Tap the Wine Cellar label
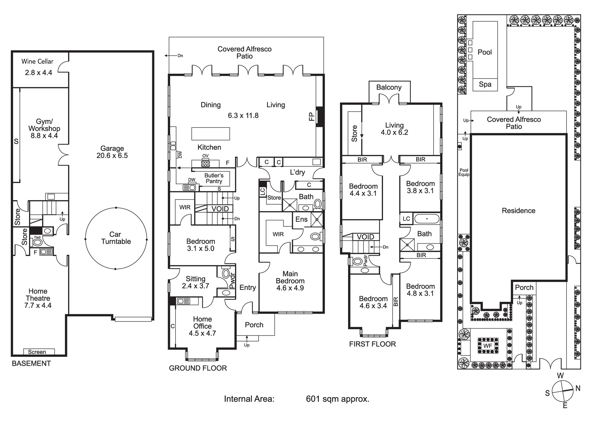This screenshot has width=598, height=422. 37,62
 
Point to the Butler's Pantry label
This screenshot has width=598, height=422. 214,178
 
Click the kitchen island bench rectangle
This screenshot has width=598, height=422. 210,134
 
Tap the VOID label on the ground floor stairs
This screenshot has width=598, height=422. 220,209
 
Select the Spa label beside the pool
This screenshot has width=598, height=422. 485,85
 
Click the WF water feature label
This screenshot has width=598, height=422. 488,346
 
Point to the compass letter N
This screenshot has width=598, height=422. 578,388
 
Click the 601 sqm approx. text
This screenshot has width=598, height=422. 338,399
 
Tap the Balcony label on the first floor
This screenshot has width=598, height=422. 389,88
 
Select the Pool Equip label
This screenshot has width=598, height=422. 464,172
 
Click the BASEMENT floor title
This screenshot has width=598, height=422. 31,363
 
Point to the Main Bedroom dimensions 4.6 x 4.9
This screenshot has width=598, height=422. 290,288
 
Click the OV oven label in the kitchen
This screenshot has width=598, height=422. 205,156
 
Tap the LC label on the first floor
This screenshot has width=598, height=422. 406,219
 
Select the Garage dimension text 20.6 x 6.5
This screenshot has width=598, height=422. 112,156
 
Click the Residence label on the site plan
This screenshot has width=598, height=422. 518,211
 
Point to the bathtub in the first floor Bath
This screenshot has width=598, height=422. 427,219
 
